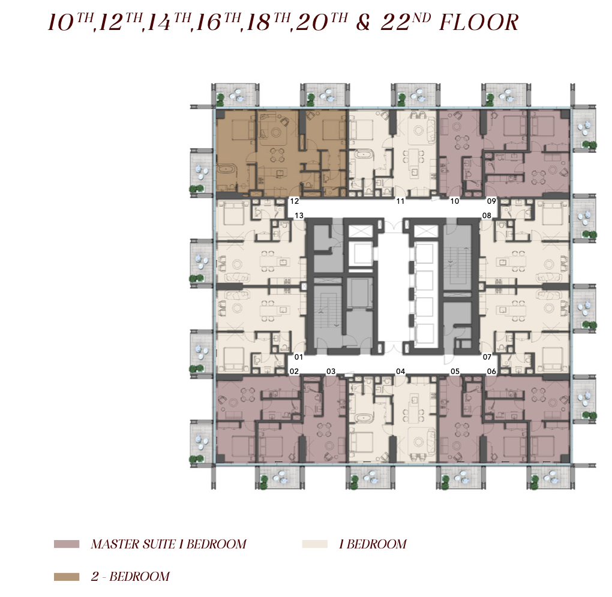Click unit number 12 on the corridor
(294, 201)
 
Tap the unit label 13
(299, 216)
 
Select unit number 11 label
(400, 201)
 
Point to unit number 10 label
(455, 201)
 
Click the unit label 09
(491, 201)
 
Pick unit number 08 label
(487, 216)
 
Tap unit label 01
(299, 357)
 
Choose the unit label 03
(331, 371)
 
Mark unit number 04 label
(400, 371)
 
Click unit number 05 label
(455, 371)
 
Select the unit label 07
(487, 357)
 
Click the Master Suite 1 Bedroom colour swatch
(67, 544)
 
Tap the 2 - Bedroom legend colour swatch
(67, 577)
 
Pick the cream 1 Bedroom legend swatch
(314, 544)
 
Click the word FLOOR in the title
(479, 22)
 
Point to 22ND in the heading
(406, 22)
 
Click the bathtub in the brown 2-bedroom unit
(226, 170)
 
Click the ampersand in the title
(362, 23)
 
